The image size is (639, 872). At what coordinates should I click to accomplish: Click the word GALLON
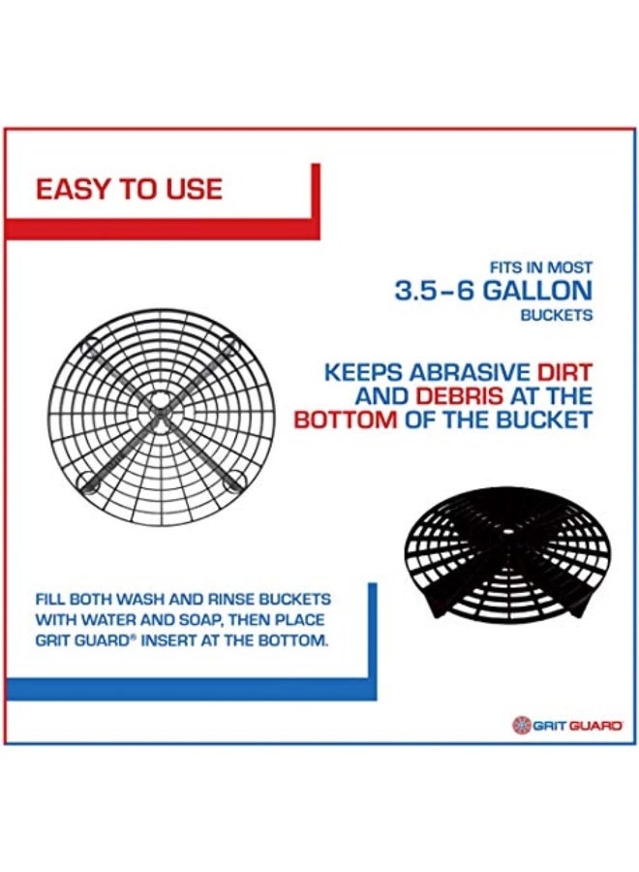pos(536,291)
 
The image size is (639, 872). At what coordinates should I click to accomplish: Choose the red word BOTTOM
pos(346,420)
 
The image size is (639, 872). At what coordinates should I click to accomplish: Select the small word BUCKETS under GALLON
pos(556,315)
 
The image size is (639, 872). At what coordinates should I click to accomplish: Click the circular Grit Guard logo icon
pos(521,724)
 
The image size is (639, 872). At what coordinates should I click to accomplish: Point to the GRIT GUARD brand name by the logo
pos(577,725)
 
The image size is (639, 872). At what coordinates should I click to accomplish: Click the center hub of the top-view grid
pos(161,413)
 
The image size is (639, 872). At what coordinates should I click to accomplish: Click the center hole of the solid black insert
pos(506,532)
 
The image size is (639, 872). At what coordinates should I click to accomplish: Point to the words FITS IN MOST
pos(540,267)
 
